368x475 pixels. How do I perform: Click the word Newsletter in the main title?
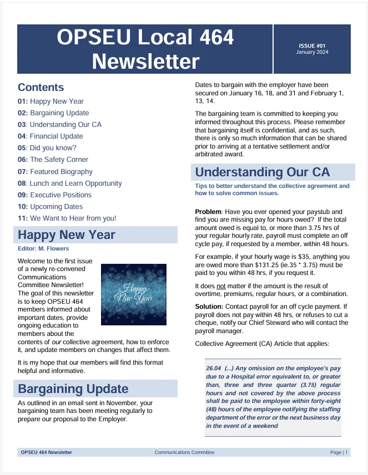[145, 61]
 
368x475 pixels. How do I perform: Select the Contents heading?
[41, 87]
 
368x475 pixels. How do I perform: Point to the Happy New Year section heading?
[67, 234]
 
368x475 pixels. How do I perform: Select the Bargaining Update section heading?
[73, 389]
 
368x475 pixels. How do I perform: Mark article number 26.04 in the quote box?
[213, 368]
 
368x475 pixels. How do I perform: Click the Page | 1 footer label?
[339, 452]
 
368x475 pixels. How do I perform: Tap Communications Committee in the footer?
[184, 452]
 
